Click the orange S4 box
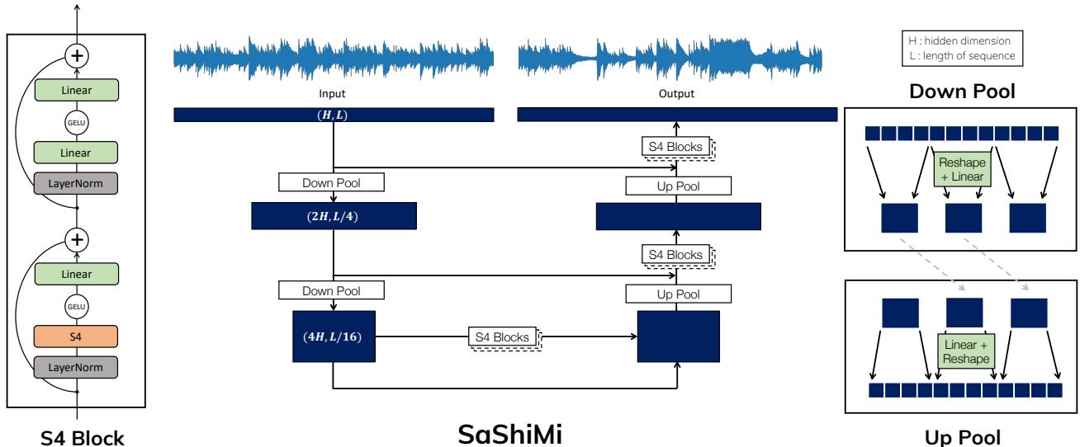click(x=76, y=336)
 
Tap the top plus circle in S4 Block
click(x=77, y=55)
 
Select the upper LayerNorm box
click(x=76, y=183)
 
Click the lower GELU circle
click(x=77, y=306)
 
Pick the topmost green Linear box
click(x=77, y=90)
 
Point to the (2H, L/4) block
click(x=334, y=216)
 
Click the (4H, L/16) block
click(x=334, y=336)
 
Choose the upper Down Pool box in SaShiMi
click(x=331, y=182)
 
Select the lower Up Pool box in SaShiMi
click(x=679, y=294)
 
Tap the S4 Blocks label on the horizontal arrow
click(x=502, y=336)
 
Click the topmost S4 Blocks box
click(x=675, y=147)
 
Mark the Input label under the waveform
click(x=332, y=93)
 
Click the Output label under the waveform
click(x=676, y=93)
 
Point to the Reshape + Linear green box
click(x=963, y=170)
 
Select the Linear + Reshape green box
click(x=966, y=351)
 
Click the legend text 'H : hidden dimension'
click(x=959, y=41)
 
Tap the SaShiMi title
click(x=509, y=434)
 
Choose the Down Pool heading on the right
click(x=962, y=91)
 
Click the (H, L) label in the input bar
click(x=332, y=115)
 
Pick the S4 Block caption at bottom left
click(x=82, y=438)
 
